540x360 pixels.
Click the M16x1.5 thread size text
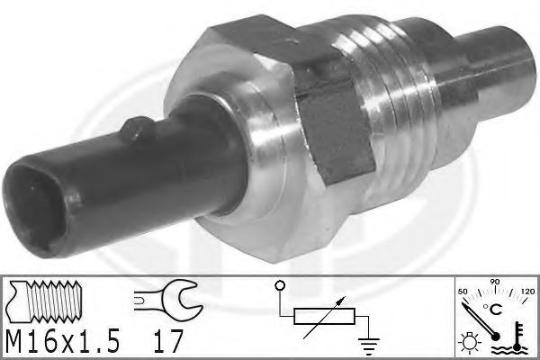pyautogui.click(x=63, y=341)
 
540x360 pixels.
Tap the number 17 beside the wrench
pyautogui.click(x=167, y=341)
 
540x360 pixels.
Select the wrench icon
pyautogui.click(x=168, y=296)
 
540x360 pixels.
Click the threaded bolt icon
pyautogui.click(x=45, y=301)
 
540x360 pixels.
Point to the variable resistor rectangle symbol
pyautogui.click(x=324, y=316)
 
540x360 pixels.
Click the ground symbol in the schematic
pyautogui.click(x=369, y=346)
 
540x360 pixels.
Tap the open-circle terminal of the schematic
pyautogui.click(x=280, y=285)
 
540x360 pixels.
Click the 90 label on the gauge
pyautogui.click(x=495, y=282)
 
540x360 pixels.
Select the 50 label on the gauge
pyautogui.click(x=463, y=292)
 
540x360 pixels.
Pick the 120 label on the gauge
pyautogui.click(x=527, y=292)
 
